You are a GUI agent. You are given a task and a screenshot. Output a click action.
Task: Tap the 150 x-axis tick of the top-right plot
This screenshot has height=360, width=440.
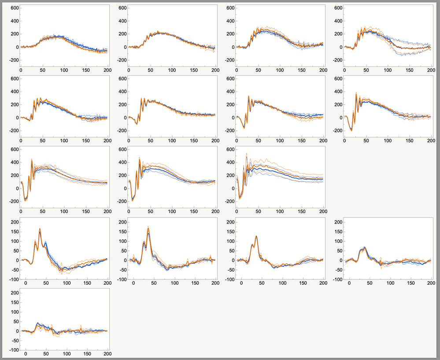point(410,70)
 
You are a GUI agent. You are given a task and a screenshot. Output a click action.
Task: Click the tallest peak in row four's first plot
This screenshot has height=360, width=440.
point(40,229)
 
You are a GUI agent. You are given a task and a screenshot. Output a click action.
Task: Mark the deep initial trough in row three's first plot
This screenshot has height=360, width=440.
point(25,200)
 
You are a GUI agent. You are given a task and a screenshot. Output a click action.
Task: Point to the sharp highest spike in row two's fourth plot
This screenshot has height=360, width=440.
point(356,93)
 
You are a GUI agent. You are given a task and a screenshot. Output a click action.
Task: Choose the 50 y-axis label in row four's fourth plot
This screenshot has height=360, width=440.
point(336,251)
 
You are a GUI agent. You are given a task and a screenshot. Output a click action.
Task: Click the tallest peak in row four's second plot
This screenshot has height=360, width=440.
point(148,227)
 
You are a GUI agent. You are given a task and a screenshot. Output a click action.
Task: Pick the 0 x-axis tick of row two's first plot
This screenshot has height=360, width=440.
point(21,140)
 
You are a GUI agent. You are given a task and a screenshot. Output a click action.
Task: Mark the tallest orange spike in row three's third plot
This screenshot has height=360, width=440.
point(246,154)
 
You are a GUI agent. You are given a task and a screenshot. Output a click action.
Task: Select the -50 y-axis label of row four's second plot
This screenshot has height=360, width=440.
point(118,270)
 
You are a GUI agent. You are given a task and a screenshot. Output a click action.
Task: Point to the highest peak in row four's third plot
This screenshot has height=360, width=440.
point(256,236)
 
